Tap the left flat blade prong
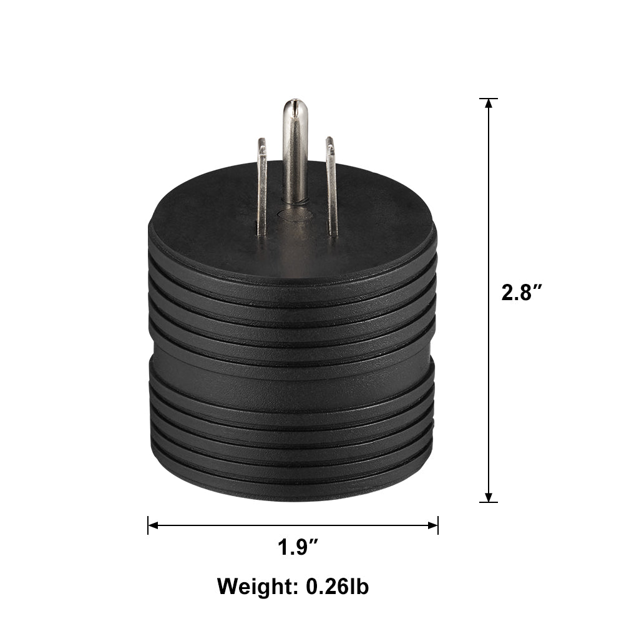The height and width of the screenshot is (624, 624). click(x=261, y=187)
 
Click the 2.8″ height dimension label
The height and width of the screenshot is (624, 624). click(x=522, y=293)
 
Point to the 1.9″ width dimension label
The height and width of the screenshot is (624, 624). click(x=298, y=547)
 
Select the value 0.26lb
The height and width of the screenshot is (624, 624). click(x=337, y=587)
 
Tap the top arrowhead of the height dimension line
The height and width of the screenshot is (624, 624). click(x=489, y=104)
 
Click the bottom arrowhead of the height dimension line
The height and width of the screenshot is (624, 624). click(x=489, y=497)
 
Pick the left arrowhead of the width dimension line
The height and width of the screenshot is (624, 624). click(x=154, y=525)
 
